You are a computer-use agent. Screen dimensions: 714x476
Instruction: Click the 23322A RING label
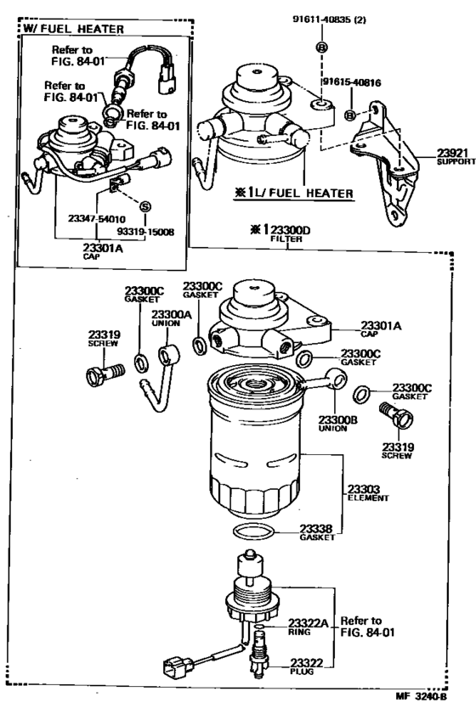(x=309, y=626)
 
